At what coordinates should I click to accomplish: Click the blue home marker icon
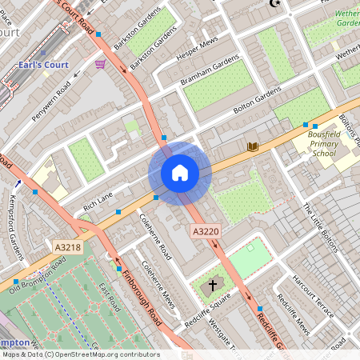pos(180,173)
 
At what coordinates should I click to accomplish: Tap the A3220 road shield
pos(204,230)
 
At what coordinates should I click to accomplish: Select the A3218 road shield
pos(69,248)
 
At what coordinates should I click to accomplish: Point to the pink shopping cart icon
pos(100,64)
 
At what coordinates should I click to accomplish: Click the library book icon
pos(253,146)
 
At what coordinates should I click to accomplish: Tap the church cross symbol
pos(213,284)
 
